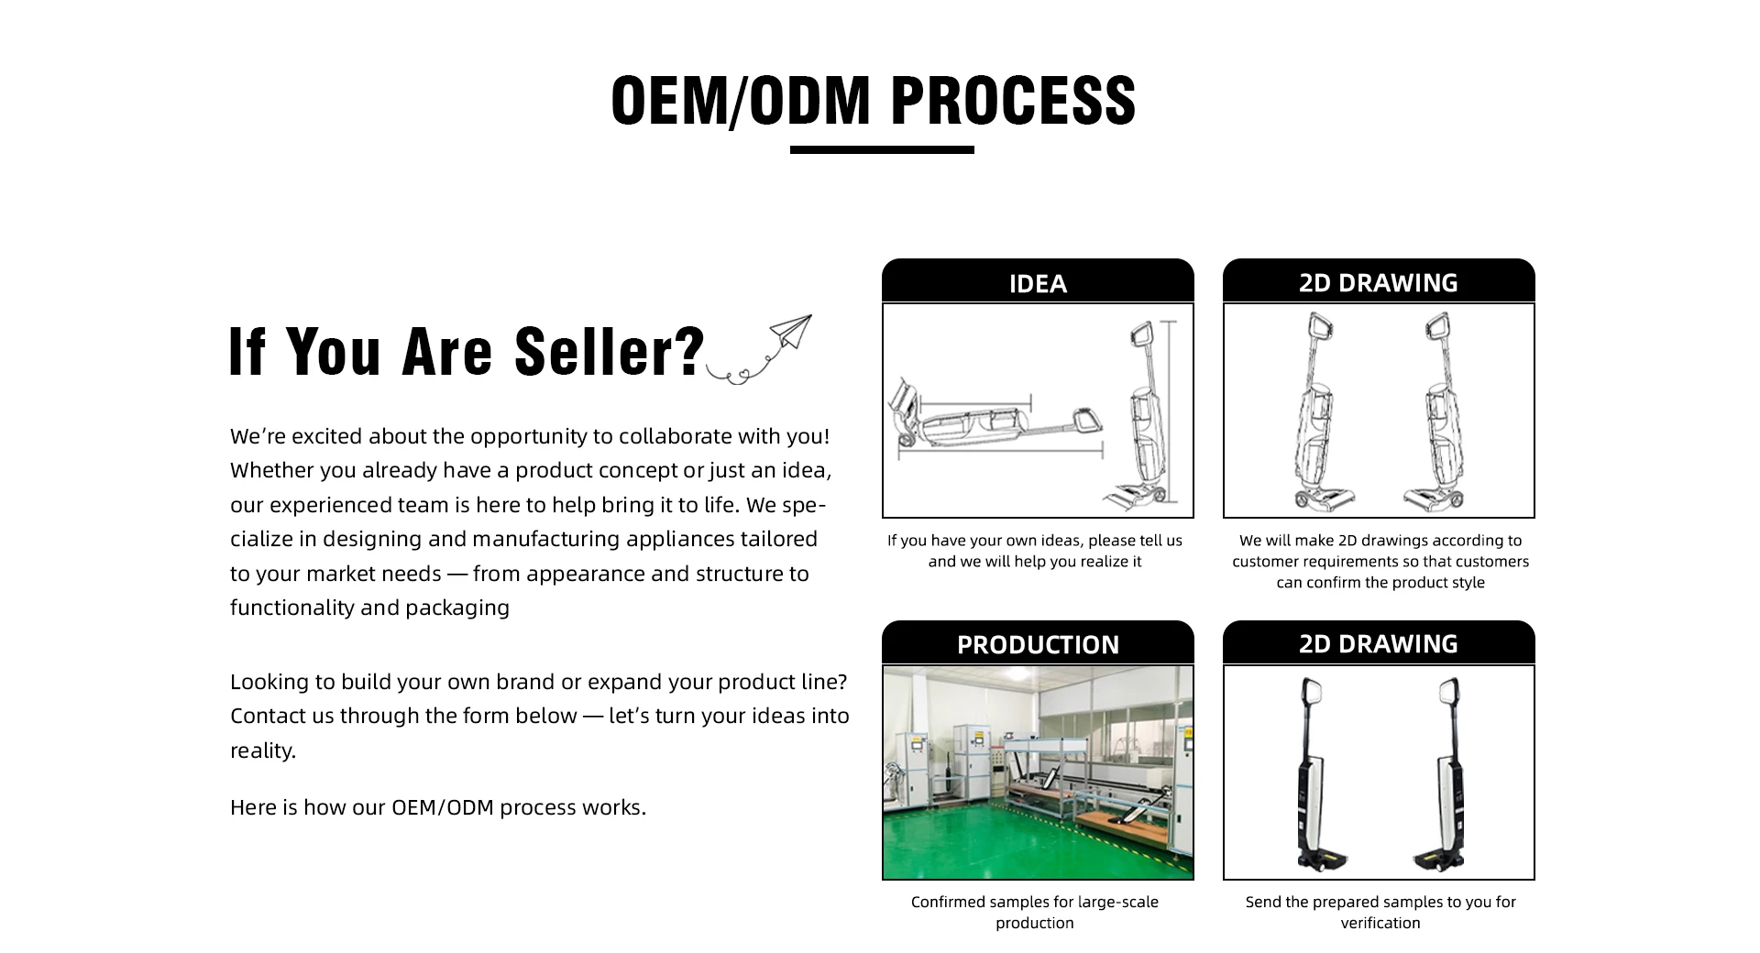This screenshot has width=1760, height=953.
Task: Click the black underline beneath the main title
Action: (881, 149)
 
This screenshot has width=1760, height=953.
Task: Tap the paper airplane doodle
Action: (790, 332)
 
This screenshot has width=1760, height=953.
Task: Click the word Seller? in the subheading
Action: (610, 352)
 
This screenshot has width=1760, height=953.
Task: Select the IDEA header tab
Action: (1038, 283)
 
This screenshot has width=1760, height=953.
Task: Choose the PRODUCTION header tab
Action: (1038, 644)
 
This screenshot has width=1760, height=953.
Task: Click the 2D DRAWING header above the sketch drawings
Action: (1378, 282)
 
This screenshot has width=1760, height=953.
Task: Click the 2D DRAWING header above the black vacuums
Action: (1378, 643)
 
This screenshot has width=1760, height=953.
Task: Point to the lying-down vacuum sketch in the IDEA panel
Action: (995, 423)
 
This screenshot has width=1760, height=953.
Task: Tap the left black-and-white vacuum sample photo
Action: (1316, 774)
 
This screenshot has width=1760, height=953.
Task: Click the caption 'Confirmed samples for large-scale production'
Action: (1035, 912)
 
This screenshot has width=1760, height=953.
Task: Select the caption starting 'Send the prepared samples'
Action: (1380, 912)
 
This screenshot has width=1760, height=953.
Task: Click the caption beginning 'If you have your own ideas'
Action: (1035, 551)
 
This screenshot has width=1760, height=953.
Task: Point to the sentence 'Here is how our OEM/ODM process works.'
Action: (438, 807)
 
